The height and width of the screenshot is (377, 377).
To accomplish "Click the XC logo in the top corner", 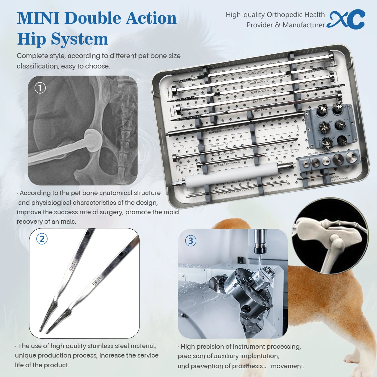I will pos(346,19).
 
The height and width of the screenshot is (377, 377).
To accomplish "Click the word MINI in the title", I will pos(38,18).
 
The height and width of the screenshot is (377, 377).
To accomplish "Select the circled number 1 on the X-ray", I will pos(40,88).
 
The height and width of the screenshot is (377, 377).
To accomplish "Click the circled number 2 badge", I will pos(42,239).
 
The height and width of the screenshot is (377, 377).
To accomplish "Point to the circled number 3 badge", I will pos(190,241).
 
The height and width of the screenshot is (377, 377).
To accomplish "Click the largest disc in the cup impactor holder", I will pos(339,158).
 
